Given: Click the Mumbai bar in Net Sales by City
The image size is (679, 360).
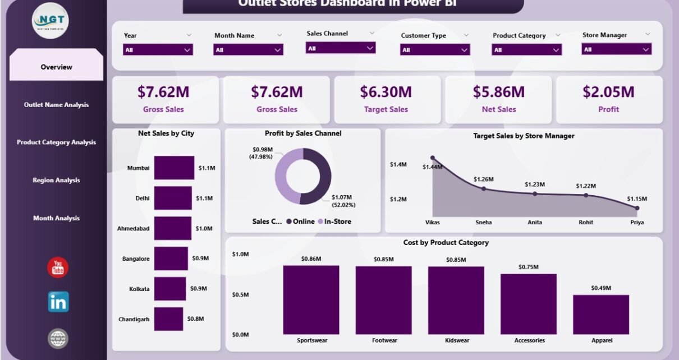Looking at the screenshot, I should [174, 168].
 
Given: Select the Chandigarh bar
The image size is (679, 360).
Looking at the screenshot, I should [168, 319].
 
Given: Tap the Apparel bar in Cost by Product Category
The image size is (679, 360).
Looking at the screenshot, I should [600, 314].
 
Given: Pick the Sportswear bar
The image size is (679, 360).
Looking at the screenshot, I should [311, 299].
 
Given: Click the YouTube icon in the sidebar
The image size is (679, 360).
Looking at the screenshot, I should [58, 267].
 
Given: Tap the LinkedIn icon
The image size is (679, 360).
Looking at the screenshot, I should [58, 302].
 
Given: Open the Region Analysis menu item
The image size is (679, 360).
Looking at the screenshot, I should [56, 181].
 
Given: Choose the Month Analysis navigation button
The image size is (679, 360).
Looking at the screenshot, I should [56, 218].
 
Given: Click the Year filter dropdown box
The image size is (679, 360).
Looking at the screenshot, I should [158, 50].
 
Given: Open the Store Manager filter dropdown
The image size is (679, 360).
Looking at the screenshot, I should [616, 49].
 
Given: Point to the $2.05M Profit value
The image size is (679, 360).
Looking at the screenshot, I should [608, 92].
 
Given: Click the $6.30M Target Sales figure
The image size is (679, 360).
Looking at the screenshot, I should [386, 92].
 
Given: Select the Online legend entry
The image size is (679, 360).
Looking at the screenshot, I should [300, 221].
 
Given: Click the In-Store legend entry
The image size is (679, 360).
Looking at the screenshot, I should [334, 221].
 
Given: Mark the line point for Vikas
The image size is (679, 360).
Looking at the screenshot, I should [432, 158].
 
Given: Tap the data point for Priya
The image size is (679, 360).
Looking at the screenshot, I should [637, 208].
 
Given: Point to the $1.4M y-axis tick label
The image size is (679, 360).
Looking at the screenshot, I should [398, 164].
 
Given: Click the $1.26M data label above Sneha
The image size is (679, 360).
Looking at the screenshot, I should [483, 179].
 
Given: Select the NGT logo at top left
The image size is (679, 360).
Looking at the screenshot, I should [50, 20].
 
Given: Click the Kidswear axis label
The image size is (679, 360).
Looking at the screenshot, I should [456, 340].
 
